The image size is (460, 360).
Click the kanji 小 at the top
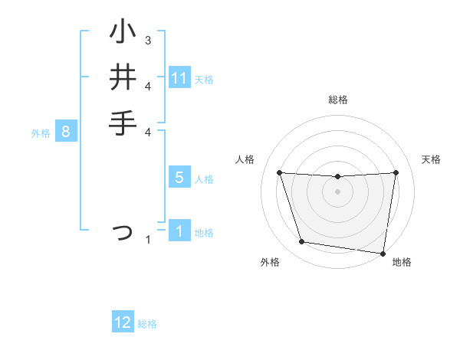pos(123,33)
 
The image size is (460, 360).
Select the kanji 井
pos(123,78)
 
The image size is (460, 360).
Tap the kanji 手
pos(123,123)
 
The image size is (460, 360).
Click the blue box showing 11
pos(179,78)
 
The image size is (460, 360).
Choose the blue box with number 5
pos(179,178)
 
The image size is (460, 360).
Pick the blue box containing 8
pos(66,132)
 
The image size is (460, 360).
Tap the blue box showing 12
pos(123,322)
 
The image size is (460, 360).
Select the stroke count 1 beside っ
pos(148,241)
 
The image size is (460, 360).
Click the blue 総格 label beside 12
pos(147,324)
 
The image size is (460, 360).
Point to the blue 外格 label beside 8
pos(41,133)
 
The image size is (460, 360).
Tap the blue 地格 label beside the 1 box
pos(204,233)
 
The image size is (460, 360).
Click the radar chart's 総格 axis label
pos(338,100)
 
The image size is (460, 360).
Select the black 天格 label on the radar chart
pos(432,159)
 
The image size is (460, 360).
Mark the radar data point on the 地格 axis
pos(383,253)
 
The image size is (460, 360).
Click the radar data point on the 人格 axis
pos(279,172)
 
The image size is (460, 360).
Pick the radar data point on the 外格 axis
pos(302,242)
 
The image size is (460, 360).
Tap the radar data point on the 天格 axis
pos(396,172)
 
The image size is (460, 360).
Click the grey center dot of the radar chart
pos(337,191)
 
